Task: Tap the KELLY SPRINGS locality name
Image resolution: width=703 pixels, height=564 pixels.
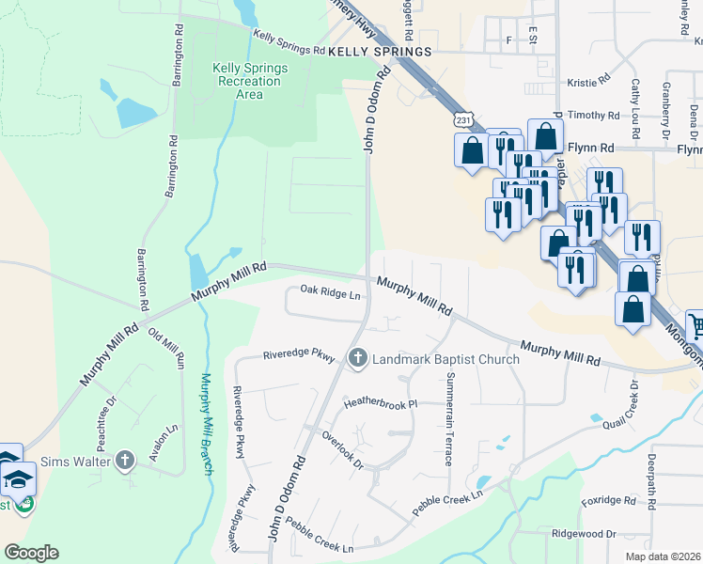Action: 380,51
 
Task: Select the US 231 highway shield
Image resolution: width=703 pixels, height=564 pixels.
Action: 461,119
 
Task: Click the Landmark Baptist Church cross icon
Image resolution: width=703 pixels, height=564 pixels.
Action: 357,358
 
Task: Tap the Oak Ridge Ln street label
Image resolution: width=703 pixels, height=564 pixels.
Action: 330,294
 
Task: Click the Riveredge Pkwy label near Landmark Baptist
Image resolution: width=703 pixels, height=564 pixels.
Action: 299,356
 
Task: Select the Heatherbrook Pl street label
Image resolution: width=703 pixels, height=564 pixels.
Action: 380,403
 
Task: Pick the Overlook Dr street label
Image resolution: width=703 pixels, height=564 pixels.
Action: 342,449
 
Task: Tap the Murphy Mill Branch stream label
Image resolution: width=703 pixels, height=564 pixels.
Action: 209,424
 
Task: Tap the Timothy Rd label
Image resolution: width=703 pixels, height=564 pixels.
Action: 594,116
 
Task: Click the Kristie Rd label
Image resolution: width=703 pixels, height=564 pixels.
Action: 589,83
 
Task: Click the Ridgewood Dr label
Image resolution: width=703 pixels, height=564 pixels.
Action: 584,533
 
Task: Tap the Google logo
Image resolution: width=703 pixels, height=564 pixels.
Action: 31,553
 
